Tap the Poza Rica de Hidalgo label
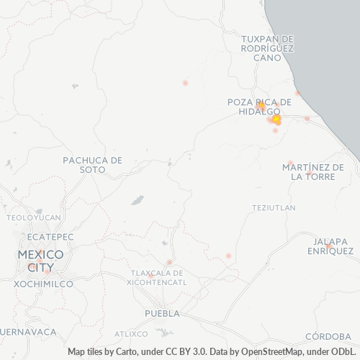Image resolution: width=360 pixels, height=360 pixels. (x=259, y=107)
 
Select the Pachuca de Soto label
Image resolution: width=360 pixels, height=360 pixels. (x=93, y=164)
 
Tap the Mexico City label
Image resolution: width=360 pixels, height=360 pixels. (x=40, y=261)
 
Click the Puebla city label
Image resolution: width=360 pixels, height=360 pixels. (x=162, y=313)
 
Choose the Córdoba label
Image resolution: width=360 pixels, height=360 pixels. (x=328, y=336)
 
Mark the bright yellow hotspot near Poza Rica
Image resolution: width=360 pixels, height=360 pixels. (x=276, y=120)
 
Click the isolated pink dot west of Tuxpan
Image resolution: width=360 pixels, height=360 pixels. (x=185, y=83)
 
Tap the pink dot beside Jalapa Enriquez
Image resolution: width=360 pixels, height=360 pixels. (x=328, y=246)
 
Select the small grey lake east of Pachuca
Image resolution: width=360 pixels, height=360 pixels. (x=137, y=199)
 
